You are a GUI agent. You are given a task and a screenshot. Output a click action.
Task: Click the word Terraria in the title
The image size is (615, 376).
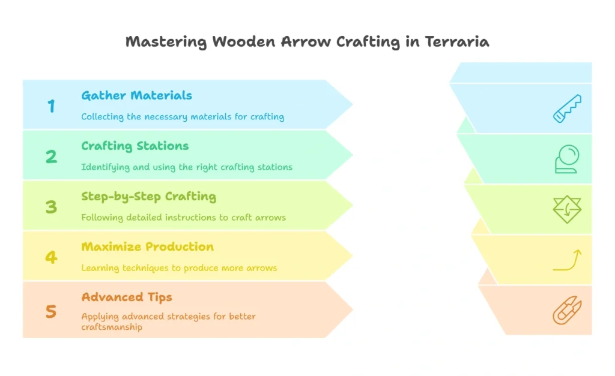[x=457, y=41]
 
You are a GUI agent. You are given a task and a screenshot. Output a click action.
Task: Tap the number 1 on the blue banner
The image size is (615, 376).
[x=51, y=106]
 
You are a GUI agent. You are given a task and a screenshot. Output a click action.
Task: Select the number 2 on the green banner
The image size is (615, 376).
[x=51, y=157]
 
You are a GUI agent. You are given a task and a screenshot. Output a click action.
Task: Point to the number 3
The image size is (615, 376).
[x=51, y=207]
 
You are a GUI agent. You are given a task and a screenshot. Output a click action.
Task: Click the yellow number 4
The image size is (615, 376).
[x=51, y=257]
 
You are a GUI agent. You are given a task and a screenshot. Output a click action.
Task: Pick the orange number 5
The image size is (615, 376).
[x=51, y=311]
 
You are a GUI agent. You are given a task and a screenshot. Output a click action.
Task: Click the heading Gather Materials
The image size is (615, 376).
[x=136, y=95]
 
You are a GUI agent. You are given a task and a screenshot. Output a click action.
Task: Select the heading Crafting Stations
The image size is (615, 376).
[x=135, y=146]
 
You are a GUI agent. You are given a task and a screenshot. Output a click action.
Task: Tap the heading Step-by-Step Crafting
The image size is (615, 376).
[x=148, y=196]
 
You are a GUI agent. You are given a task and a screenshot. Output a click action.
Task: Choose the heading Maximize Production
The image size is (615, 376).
[x=147, y=246]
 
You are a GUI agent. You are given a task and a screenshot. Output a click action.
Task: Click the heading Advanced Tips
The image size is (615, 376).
[x=127, y=297]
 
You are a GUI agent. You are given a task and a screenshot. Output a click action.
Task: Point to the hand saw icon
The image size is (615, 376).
[x=567, y=109]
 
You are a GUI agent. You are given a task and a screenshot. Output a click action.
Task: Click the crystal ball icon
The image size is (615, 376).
[x=567, y=159]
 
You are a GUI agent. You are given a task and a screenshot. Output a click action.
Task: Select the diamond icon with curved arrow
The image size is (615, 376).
[x=567, y=209]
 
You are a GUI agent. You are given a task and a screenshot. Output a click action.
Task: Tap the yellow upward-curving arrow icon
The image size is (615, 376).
[x=567, y=260]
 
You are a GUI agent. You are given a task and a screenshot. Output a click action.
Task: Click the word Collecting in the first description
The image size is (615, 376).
[x=103, y=117]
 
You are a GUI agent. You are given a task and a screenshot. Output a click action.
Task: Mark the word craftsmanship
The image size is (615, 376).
[x=112, y=327]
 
